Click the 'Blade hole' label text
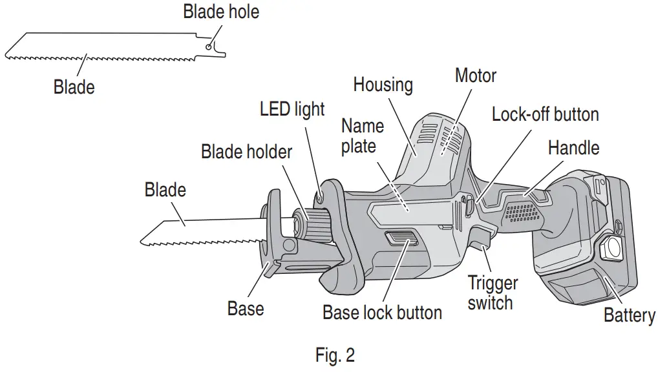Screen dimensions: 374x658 point(221,12)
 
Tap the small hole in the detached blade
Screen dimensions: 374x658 point(207,47)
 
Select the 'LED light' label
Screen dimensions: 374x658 point(292,109)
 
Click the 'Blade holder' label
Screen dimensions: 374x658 point(246,152)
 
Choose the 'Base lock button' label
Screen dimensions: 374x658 point(382,313)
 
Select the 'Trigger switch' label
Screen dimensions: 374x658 point(493,293)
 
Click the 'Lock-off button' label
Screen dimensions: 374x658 point(545,115)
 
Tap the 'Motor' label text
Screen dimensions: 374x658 point(475,76)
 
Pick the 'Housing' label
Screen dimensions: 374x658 point(383,85)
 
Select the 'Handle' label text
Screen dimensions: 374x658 point(573,148)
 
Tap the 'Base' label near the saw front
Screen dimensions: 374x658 point(246,308)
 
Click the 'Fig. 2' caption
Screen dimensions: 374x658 point(335,355)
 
